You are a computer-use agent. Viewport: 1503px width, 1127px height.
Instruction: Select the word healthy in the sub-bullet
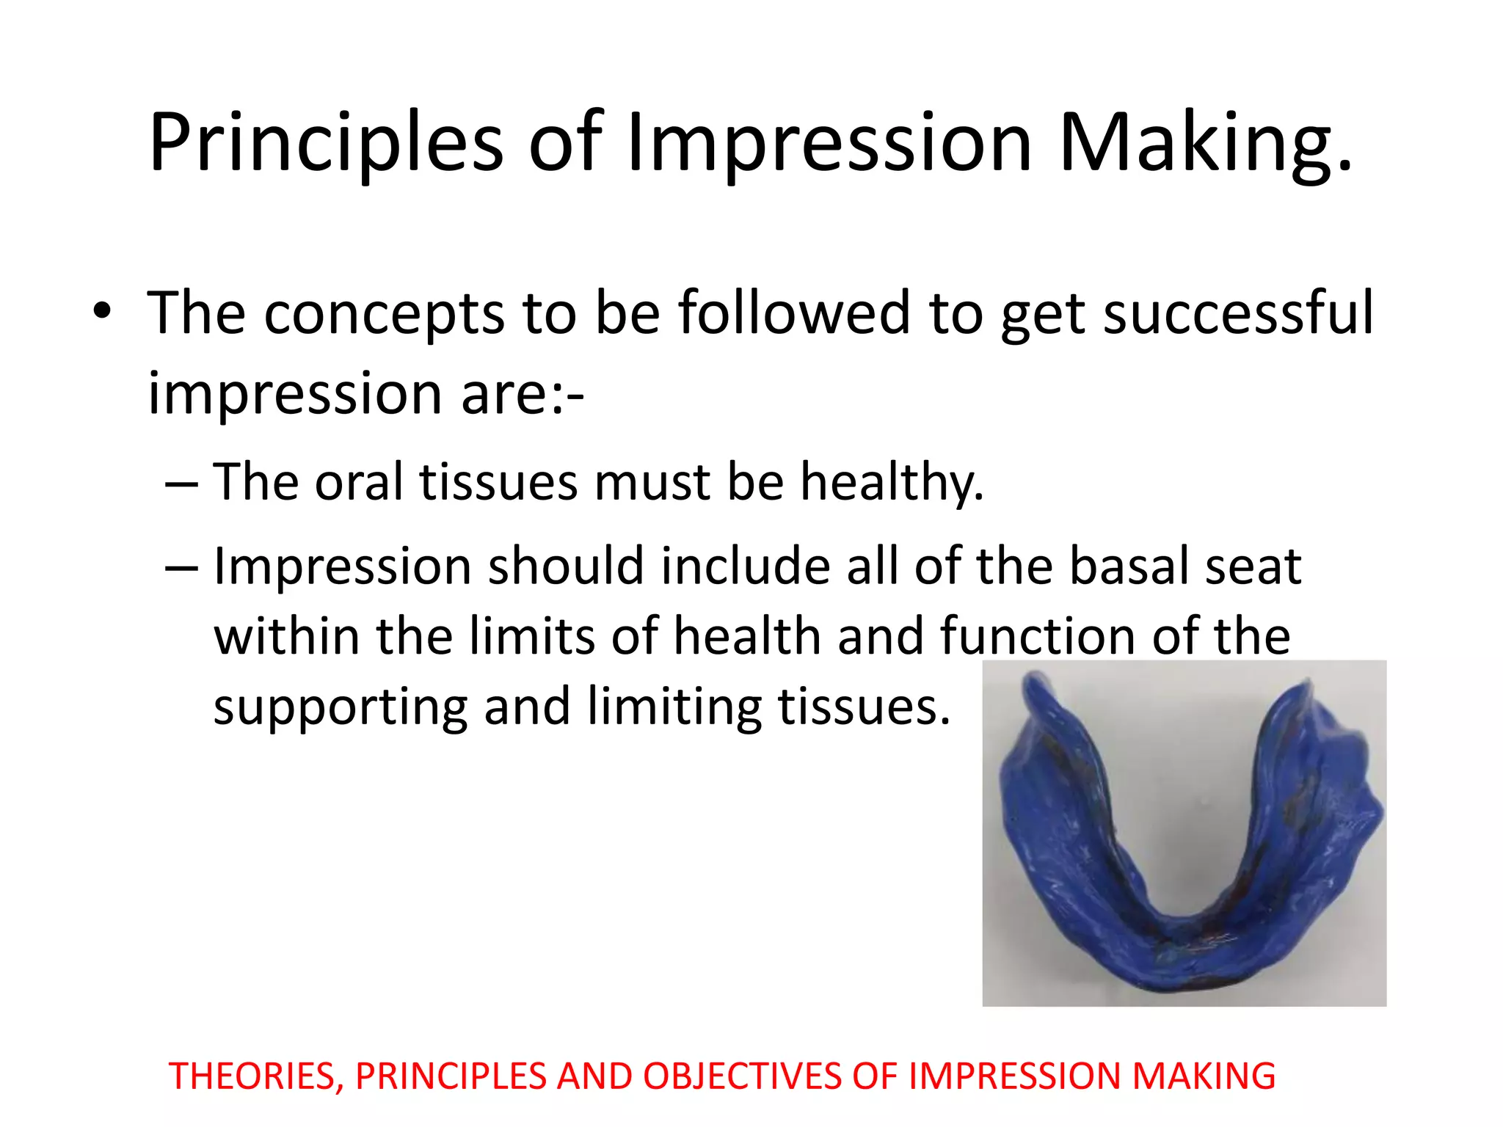[x=891, y=484]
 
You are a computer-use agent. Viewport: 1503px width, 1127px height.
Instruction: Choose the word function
[x=1038, y=636]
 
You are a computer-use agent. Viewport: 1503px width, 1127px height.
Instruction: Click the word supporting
[x=340, y=707]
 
